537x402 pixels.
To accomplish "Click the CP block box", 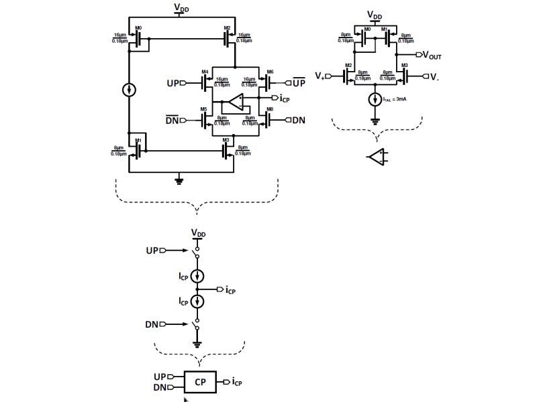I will click(201, 381).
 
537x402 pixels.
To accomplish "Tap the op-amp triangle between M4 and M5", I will click(234, 103).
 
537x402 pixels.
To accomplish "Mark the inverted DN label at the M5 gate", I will click(173, 120).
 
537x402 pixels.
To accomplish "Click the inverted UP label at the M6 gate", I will click(299, 82).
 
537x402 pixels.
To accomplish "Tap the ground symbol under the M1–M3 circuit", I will click(179, 179).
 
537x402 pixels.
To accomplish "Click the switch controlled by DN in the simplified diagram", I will click(197, 326).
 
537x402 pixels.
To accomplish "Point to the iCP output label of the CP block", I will click(237, 382).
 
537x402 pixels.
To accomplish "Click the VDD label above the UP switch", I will click(198, 232).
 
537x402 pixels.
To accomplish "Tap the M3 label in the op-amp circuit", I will click(405, 66).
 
